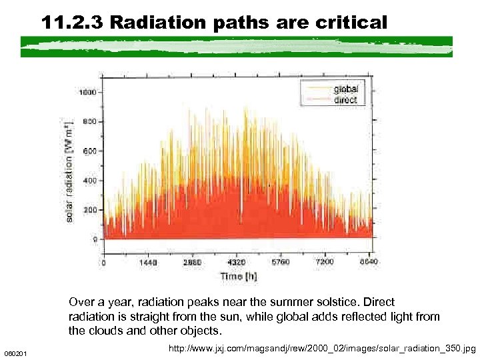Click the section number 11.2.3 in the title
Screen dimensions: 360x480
point(71,23)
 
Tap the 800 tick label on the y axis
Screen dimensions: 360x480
point(89,121)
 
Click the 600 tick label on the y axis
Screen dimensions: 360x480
point(89,151)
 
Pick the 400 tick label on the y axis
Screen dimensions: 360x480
point(89,180)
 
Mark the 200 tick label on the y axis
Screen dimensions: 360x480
point(89,209)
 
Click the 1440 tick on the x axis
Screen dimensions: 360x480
point(147,263)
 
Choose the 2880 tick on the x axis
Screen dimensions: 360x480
point(192,263)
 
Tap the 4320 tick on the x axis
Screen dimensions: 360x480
point(237,263)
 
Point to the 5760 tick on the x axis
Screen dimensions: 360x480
point(281,263)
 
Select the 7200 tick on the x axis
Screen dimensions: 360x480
point(325,263)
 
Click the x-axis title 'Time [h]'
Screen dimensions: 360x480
point(238,276)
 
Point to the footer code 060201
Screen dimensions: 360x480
point(15,352)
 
